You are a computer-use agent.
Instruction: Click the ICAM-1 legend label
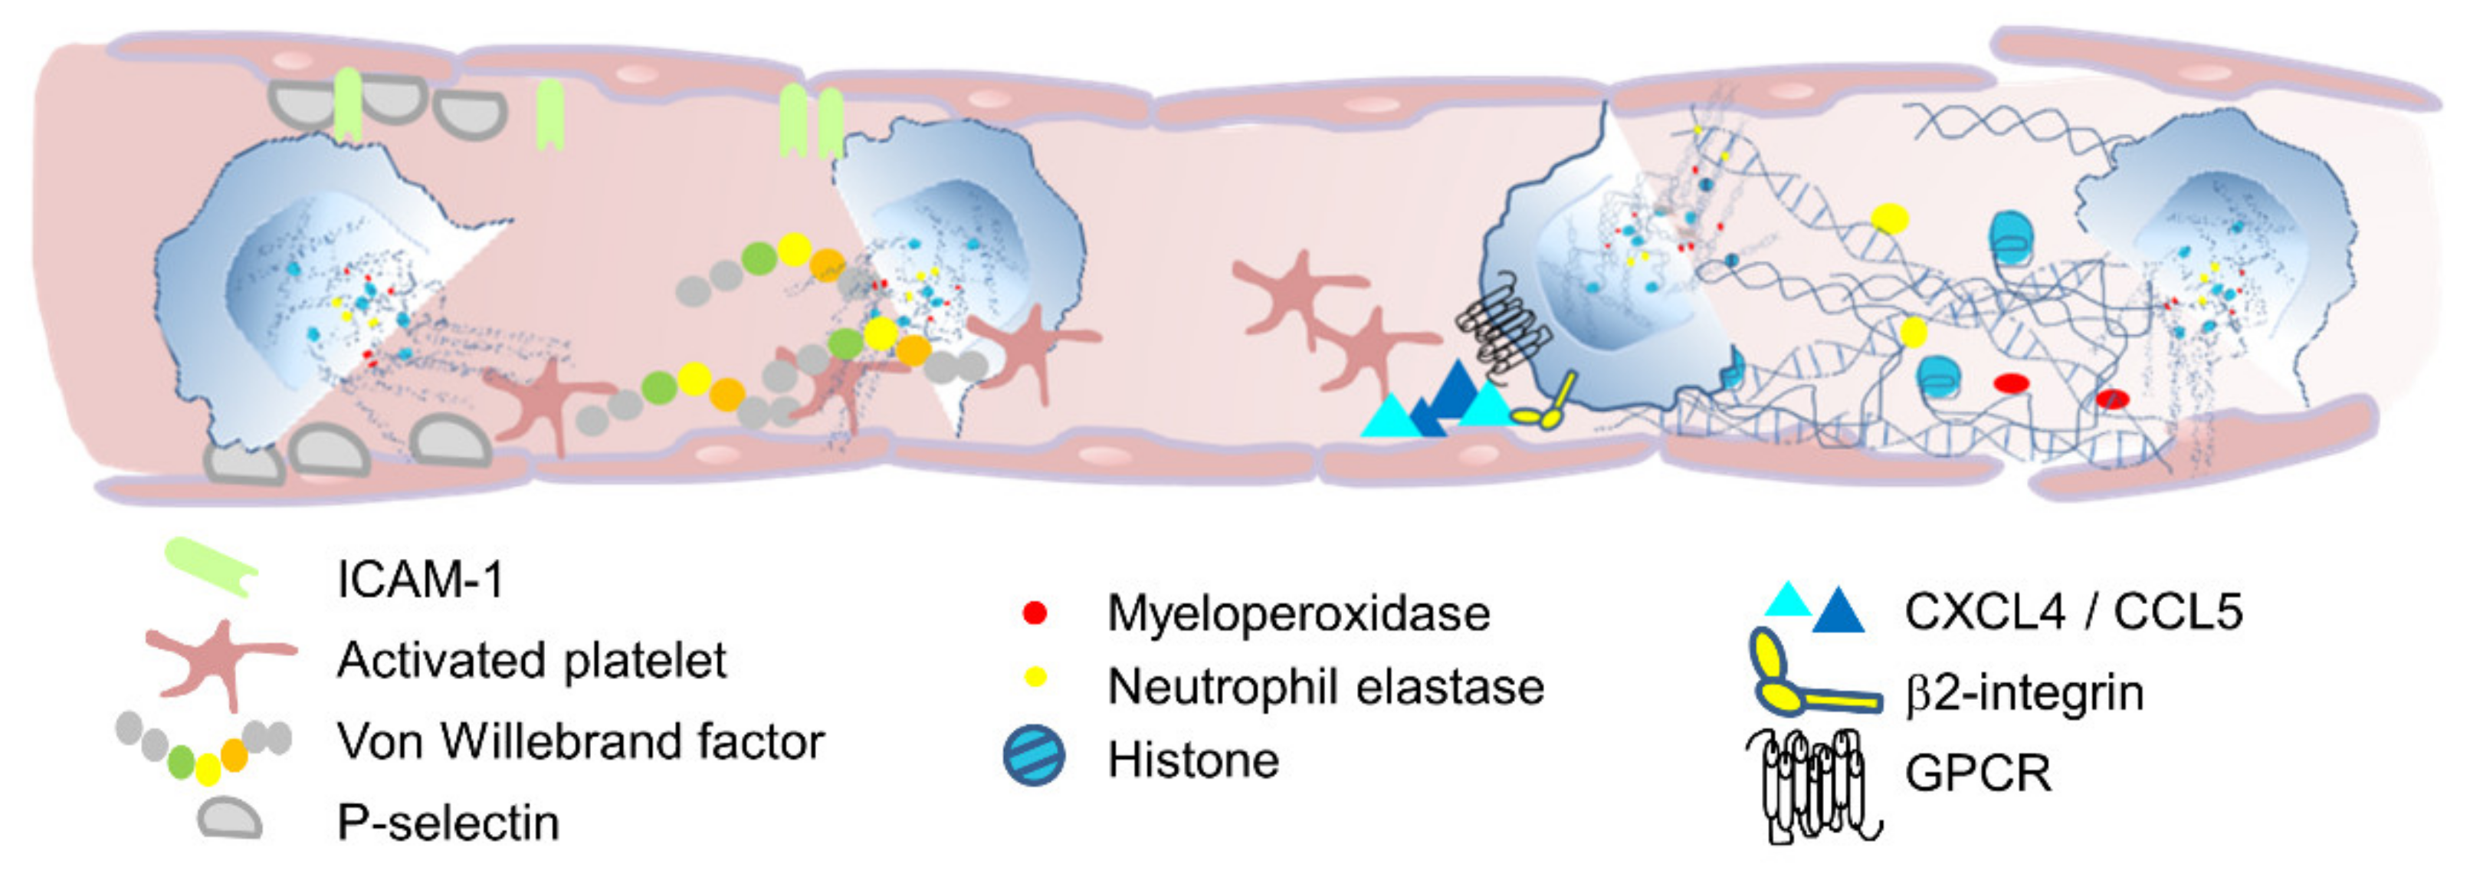tap(420, 580)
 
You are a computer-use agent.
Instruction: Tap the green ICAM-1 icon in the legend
tap(210, 567)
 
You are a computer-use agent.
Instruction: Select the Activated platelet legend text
tap(531, 661)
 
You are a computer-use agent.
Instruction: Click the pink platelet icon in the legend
tap(220, 661)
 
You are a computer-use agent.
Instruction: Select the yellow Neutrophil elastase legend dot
tap(1035, 677)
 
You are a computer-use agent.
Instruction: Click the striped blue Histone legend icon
tap(1035, 756)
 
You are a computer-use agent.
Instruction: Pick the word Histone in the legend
tap(1193, 760)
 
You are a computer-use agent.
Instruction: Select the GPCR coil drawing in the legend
tap(1812, 783)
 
